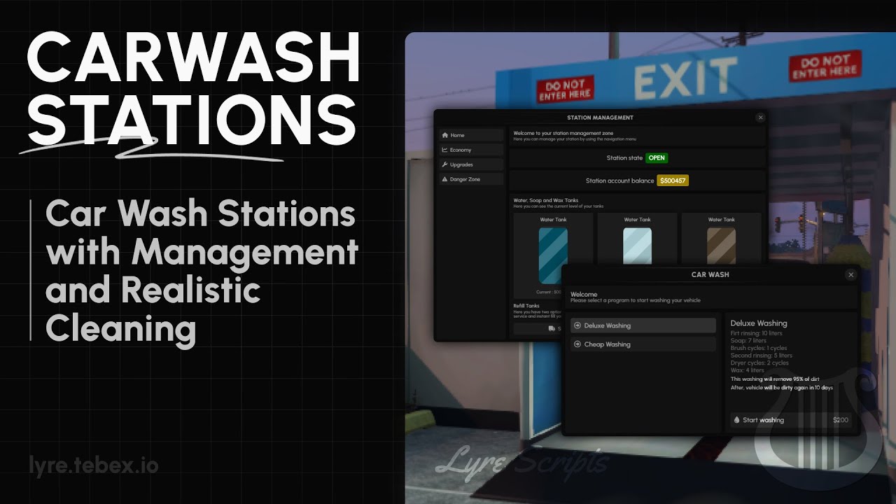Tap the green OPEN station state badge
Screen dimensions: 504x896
[x=657, y=158]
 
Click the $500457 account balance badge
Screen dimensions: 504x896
[x=673, y=181]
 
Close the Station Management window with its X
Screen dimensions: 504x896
[x=761, y=118]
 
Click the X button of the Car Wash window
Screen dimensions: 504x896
[x=850, y=275]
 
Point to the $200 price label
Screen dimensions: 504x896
[x=840, y=420]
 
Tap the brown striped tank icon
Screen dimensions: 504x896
[x=721, y=245]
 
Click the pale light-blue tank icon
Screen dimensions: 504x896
[x=637, y=245]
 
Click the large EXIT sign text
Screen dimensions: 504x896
[x=685, y=78]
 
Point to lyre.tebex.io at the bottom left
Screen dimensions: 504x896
[x=94, y=465]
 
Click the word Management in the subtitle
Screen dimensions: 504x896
[x=244, y=252]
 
